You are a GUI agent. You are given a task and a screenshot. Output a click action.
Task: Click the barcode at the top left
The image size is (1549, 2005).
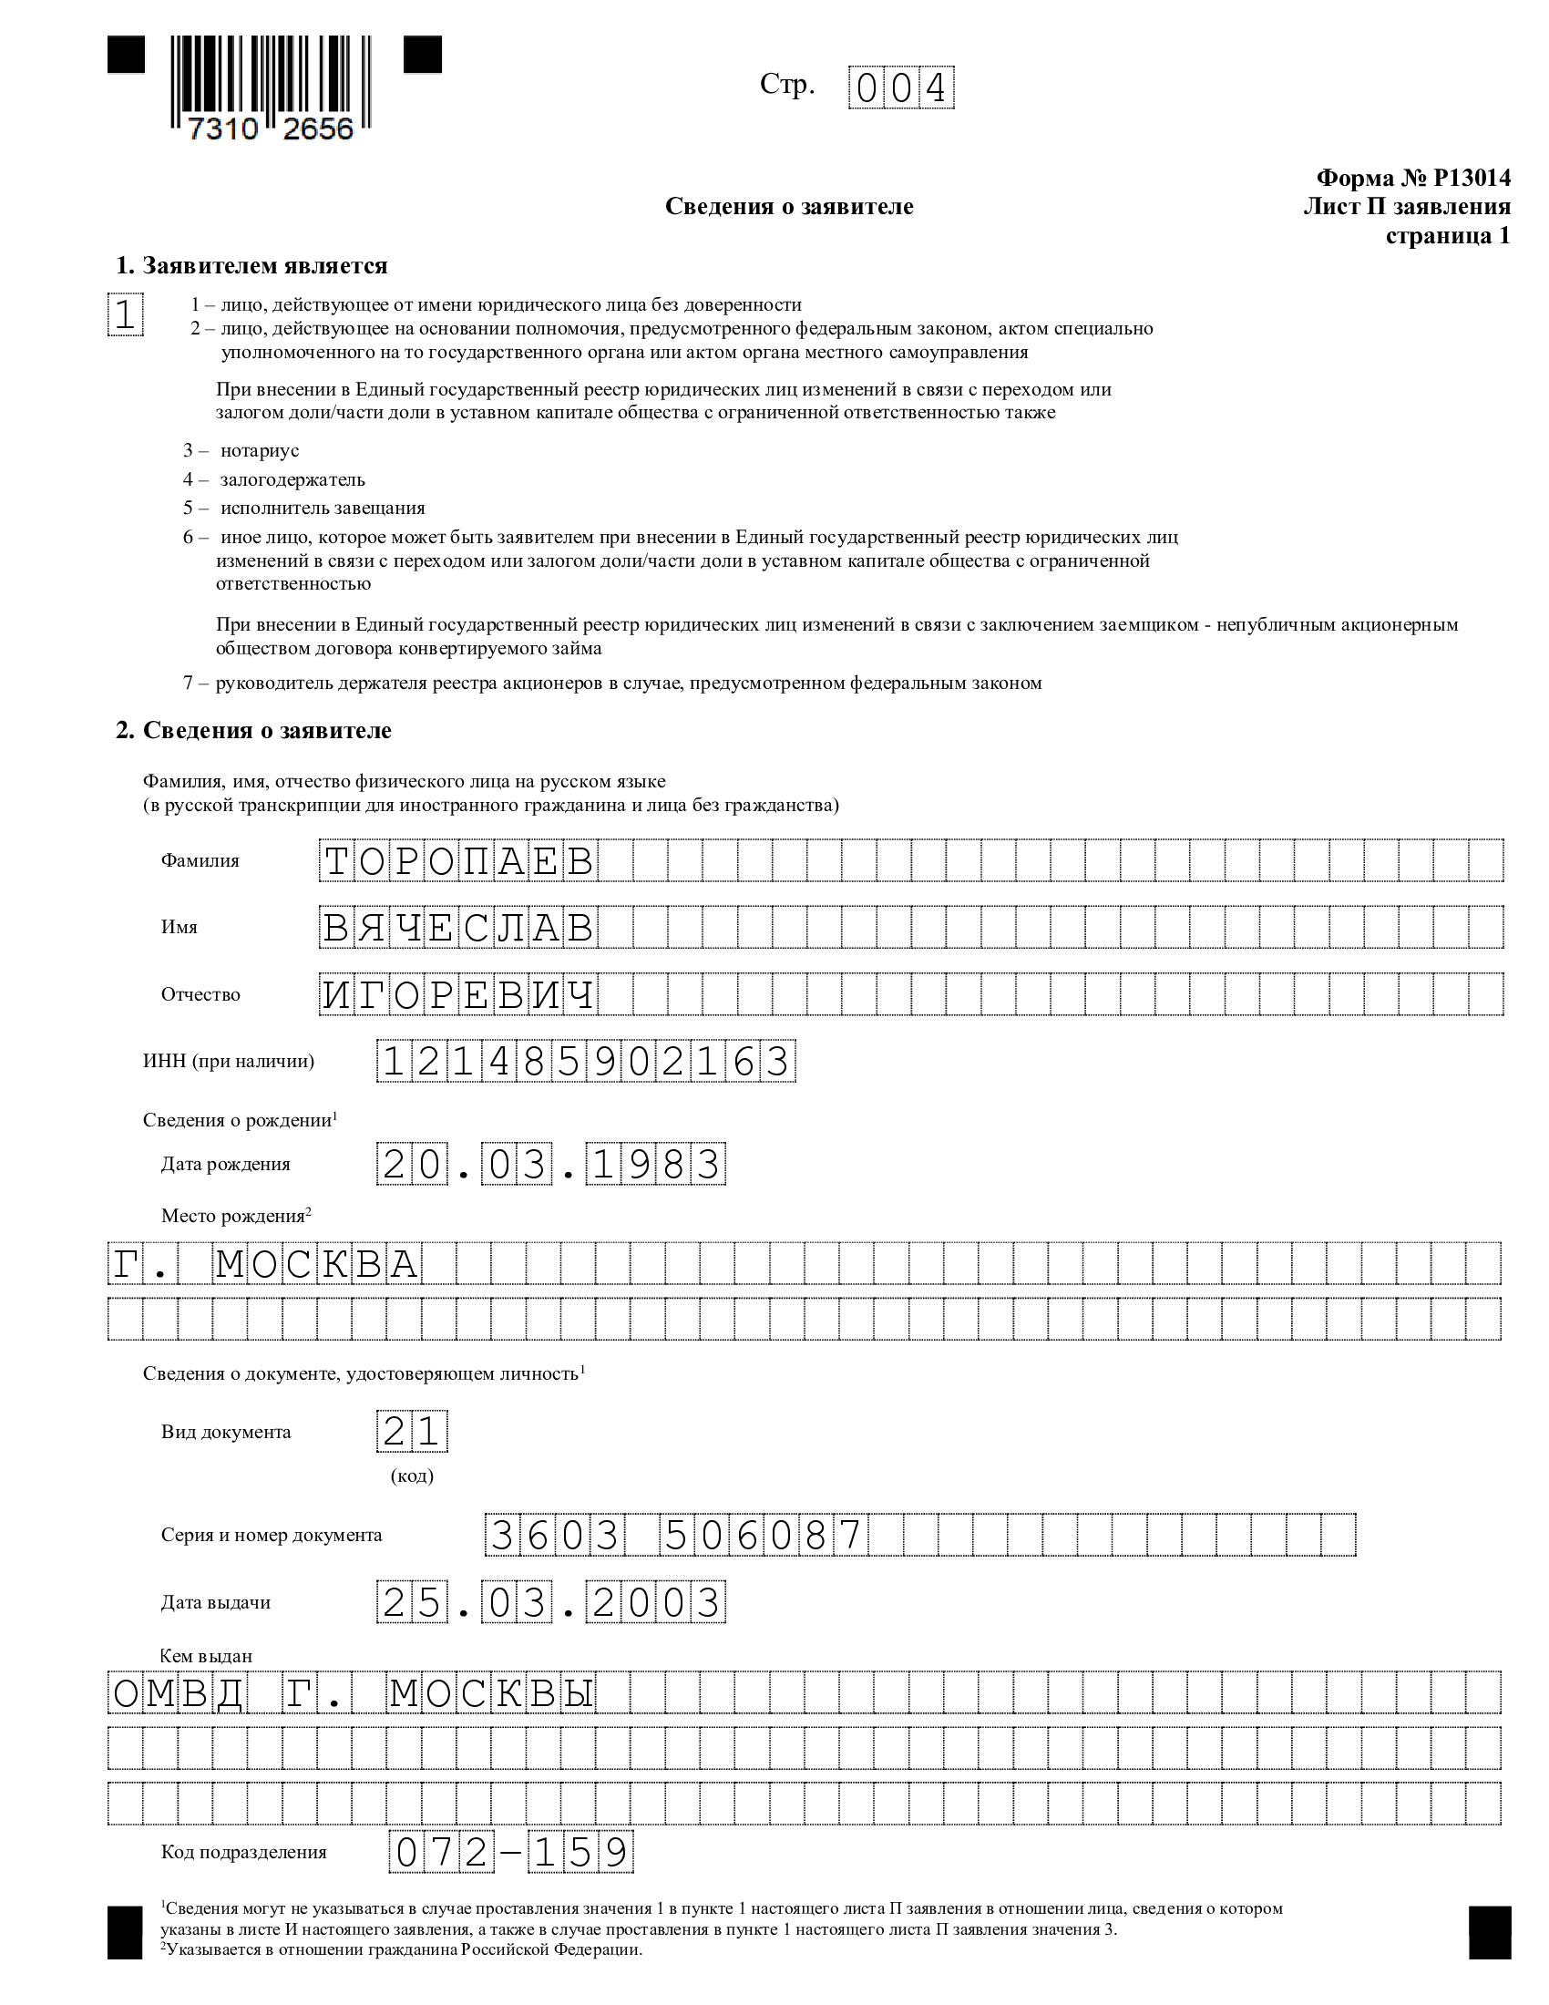coord(272,87)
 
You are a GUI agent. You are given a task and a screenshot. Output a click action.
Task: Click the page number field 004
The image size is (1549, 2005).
coord(901,88)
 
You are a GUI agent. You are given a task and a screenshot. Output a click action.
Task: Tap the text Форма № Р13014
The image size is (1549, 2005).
coord(1412,178)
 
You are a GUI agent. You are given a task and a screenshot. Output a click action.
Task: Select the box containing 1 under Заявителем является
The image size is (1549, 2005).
coord(125,315)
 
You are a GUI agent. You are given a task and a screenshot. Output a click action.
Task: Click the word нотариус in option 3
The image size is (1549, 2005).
coord(260,451)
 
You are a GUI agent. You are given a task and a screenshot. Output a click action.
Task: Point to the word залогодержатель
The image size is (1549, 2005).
coord(292,479)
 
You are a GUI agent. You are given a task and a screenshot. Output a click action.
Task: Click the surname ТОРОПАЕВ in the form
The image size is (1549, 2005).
coord(459,861)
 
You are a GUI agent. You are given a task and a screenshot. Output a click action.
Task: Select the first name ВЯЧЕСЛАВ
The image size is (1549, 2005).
coord(459,928)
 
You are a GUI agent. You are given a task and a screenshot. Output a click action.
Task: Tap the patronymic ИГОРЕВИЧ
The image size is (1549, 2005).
coord(459,995)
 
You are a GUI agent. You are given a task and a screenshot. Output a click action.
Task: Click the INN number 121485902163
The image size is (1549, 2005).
coord(586,1062)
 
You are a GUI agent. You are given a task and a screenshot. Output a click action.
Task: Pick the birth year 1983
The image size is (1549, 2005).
coord(655,1165)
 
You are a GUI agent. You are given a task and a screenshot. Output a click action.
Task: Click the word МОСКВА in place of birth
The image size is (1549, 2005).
coord(316,1265)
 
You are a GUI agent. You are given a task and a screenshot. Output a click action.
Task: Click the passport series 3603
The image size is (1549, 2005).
coord(554,1535)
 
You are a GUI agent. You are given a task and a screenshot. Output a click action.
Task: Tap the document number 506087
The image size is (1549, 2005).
coord(764,1535)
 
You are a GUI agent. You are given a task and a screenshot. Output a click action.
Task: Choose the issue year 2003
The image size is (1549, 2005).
coord(655,1603)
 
